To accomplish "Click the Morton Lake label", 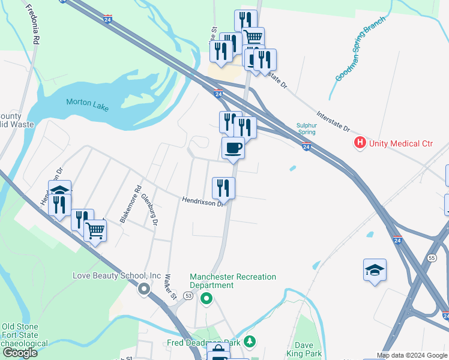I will pyautogui.click(x=88, y=103).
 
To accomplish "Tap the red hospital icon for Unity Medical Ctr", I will pyautogui.click(x=360, y=143).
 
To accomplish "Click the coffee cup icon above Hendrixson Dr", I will pyautogui.click(x=233, y=148).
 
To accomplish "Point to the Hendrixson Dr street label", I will pyautogui.click(x=203, y=202).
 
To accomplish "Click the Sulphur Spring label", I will pyautogui.click(x=306, y=128).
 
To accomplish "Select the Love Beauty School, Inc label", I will pyautogui.click(x=116, y=276).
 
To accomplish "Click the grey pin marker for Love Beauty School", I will pyautogui.click(x=144, y=289).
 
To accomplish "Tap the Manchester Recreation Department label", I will pyautogui.click(x=233, y=281).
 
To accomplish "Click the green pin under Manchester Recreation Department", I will pyautogui.click(x=206, y=298).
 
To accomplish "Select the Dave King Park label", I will pyautogui.click(x=308, y=349).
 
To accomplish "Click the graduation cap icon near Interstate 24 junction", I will pyautogui.click(x=375, y=269).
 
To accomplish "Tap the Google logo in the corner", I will pyautogui.click(x=20, y=353).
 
